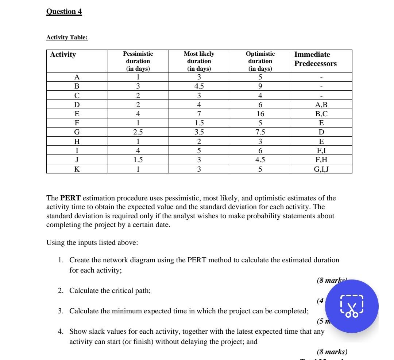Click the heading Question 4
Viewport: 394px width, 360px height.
tap(64, 11)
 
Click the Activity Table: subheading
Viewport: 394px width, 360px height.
tap(67, 38)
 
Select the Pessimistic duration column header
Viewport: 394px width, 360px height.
tap(138, 61)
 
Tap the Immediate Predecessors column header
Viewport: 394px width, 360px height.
tap(315, 59)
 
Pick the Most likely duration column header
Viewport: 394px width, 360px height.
tap(199, 61)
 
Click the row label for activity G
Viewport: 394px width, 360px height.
tap(77, 132)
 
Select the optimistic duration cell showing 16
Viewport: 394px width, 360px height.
tap(260, 114)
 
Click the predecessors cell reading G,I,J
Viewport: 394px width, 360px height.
tap(321, 169)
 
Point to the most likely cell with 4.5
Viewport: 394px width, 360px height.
tap(199, 86)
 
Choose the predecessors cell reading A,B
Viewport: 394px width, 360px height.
tap(321, 105)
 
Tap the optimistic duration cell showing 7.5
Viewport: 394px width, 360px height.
tap(260, 132)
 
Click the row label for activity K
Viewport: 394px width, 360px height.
tap(77, 169)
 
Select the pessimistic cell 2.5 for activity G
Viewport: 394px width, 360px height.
tap(138, 132)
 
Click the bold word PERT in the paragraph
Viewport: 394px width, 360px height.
tap(68, 198)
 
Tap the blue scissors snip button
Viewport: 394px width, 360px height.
tap(352, 306)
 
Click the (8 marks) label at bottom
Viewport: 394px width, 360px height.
tap(332, 352)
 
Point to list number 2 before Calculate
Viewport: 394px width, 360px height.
tap(61, 291)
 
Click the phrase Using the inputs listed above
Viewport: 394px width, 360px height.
tap(92, 243)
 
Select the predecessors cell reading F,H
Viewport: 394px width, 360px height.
tap(321, 160)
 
